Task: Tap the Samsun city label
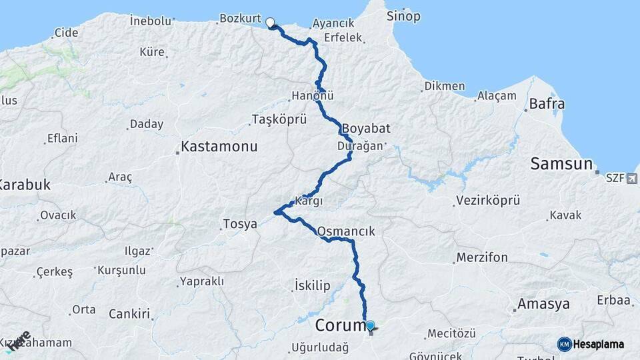pyautogui.click(x=561, y=163)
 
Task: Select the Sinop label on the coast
pyautogui.click(x=404, y=15)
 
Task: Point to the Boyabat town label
pyautogui.click(x=366, y=128)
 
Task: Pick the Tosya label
pyautogui.click(x=240, y=224)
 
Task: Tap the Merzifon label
pyautogui.click(x=482, y=257)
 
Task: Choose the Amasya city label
pyautogui.click(x=543, y=304)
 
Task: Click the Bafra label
pyautogui.click(x=547, y=104)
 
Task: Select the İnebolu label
pyautogui.click(x=150, y=21)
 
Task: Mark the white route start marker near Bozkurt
pyautogui.click(x=271, y=23)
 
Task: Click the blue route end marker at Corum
pyautogui.click(x=371, y=325)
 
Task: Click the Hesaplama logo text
pyautogui.click(x=597, y=344)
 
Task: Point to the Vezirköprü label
pyautogui.click(x=488, y=200)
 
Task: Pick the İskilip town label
pyautogui.click(x=312, y=286)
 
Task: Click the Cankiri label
pyautogui.click(x=129, y=313)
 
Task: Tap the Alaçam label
pyautogui.click(x=497, y=96)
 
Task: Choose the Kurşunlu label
pyautogui.click(x=121, y=270)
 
